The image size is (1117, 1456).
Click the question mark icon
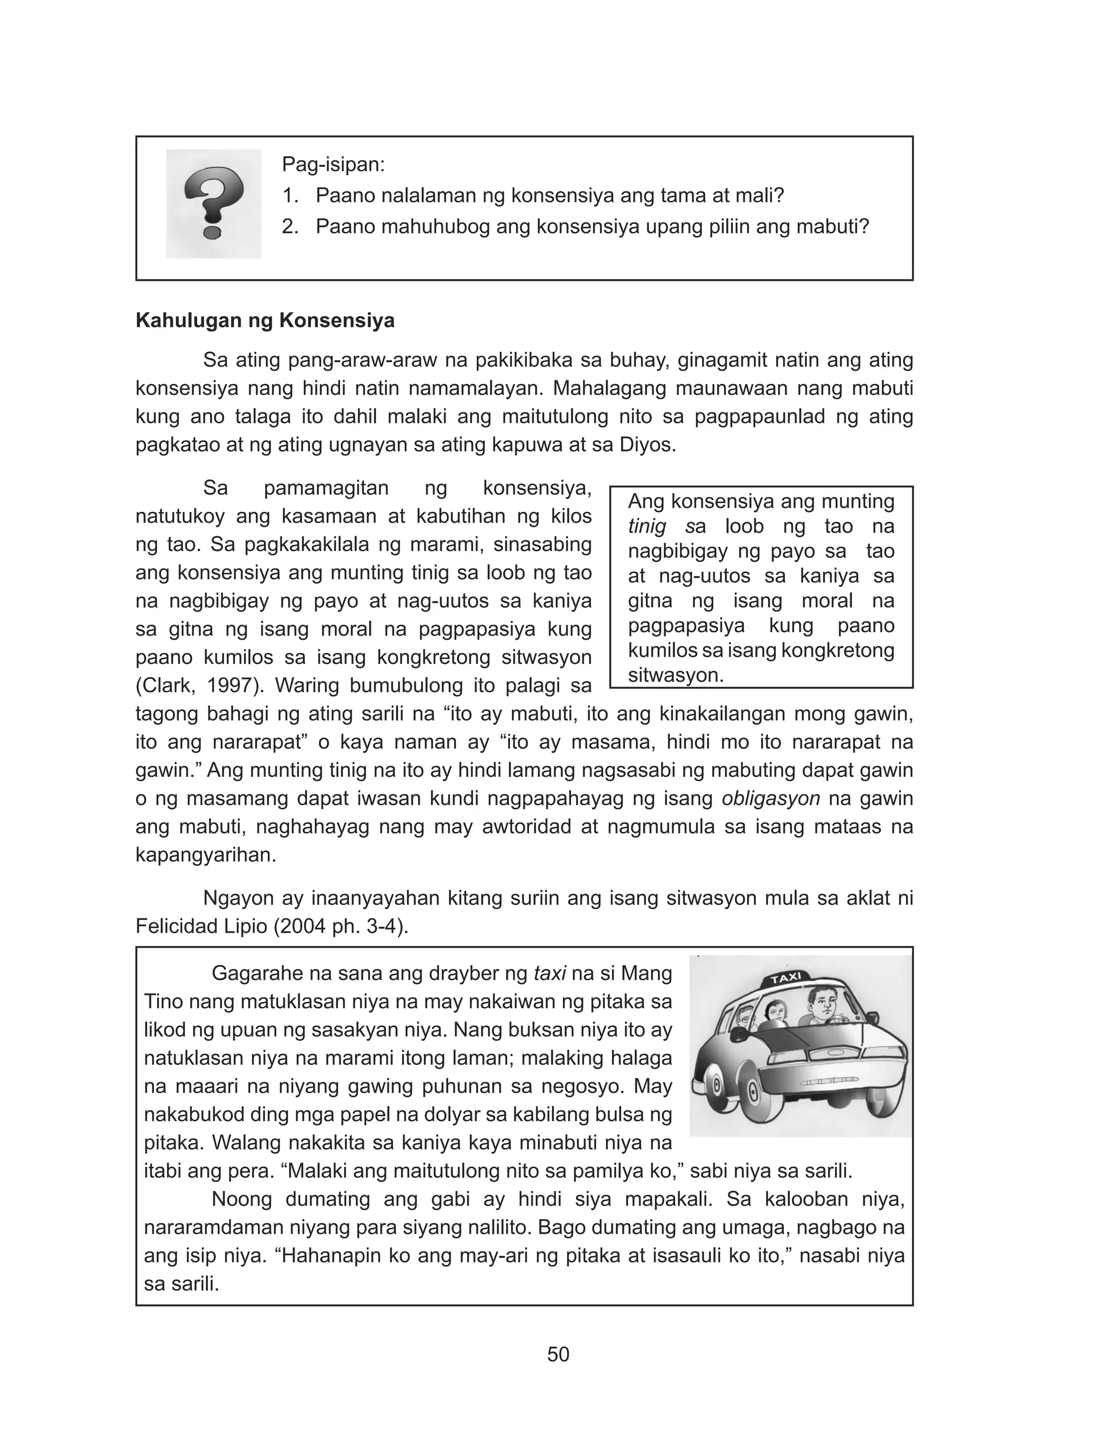tap(213, 203)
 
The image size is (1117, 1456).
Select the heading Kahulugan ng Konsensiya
tap(265, 320)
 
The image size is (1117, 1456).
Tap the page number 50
tap(558, 1355)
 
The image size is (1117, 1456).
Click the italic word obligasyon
tap(771, 799)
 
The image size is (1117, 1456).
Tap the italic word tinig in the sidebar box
tap(647, 526)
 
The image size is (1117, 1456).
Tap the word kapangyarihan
tap(206, 855)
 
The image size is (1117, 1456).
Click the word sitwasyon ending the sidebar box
tap(675, 675)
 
